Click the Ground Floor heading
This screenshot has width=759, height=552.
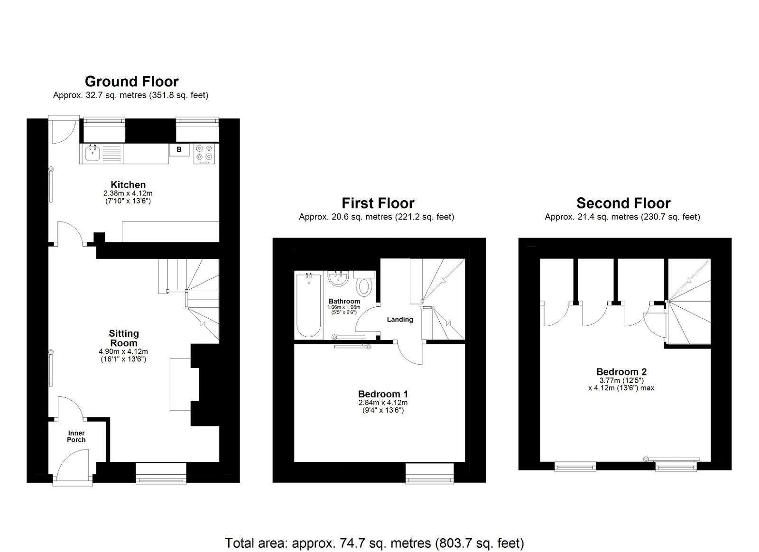131,82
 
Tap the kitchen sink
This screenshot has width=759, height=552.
92,153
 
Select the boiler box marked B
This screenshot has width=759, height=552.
179,150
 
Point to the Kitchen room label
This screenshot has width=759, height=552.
128,185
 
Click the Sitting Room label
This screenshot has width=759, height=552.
123,338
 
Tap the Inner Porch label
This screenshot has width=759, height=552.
76,436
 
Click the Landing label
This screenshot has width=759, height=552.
400,320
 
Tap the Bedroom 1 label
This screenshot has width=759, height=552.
383,394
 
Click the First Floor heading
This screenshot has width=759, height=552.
378,203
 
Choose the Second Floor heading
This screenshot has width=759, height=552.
623,203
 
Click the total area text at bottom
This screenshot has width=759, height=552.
374,543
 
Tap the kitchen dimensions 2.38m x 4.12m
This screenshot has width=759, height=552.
128,193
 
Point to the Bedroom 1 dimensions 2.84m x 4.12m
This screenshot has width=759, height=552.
383,403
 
